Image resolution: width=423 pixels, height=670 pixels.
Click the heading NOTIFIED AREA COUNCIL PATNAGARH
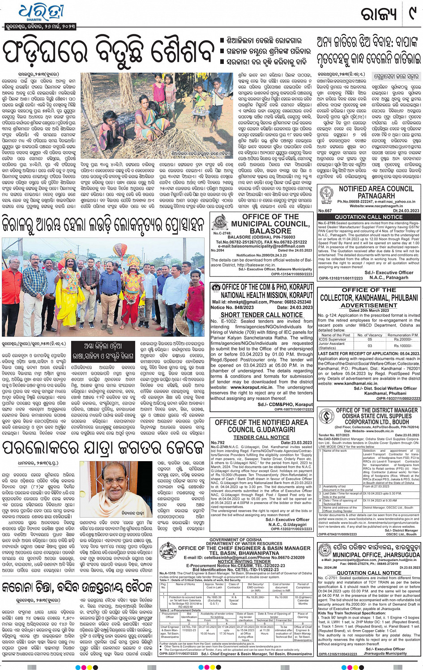coord(376,192)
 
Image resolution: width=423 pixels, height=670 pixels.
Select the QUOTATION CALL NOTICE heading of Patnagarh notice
coord(369,216)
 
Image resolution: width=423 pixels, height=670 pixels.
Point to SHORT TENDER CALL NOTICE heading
coord(261,315)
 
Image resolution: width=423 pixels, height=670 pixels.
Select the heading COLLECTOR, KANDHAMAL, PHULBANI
coord(369,298)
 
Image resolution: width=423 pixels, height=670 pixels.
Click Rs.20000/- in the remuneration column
coord(403,339)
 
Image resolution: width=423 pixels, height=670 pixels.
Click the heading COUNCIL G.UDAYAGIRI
coord(261,429)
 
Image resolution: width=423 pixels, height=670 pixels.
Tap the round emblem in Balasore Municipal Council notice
coord(220,222)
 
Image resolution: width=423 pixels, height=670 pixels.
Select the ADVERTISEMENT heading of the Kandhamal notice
coord(369,305)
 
